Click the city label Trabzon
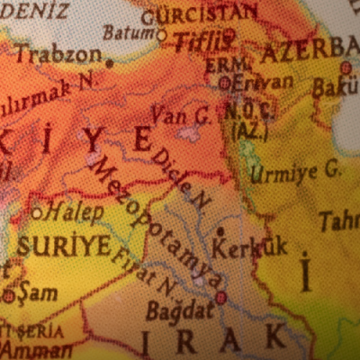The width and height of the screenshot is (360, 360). click(58, 54)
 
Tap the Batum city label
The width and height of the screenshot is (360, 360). click(129, 33)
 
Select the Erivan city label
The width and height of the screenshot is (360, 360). click(263, 82)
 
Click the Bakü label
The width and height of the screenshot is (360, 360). click(335, 87)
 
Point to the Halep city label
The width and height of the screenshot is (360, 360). click(75, 211)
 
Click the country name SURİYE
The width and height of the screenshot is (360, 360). click(64, 245)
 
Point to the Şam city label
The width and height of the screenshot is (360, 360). click(37, 292)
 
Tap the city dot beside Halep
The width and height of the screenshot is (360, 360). click(37, 213)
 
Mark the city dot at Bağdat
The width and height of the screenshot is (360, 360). click(220, 297)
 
